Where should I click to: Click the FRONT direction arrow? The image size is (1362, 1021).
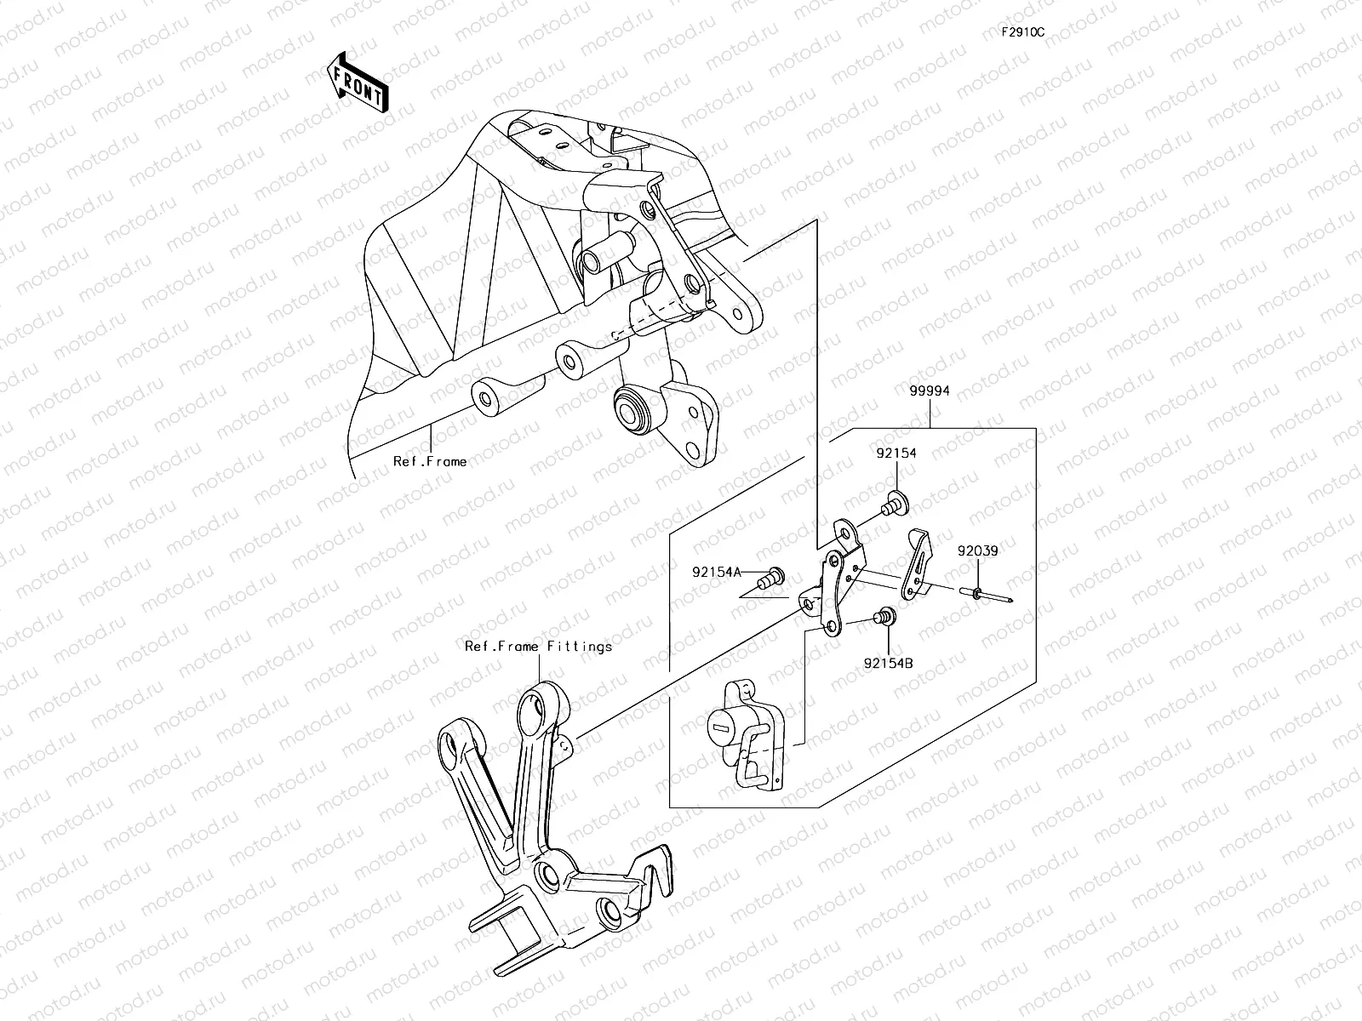[358, 82]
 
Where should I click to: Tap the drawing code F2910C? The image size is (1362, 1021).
[1023, 32]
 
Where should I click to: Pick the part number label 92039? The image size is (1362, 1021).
[976, 550]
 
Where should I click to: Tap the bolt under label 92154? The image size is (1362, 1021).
[894, 503]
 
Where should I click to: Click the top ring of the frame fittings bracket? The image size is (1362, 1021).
[535, 706]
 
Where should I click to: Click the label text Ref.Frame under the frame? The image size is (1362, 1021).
[429, 462]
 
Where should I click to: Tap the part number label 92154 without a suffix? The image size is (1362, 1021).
[896, 453]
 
